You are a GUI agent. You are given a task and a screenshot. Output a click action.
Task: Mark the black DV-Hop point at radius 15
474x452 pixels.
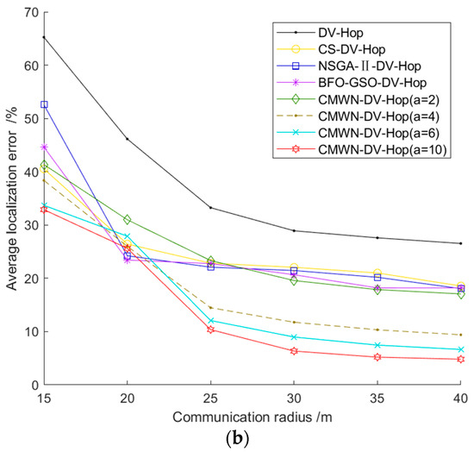(44, 37)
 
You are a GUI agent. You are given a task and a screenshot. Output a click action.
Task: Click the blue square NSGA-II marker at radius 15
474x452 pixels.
(44, 104)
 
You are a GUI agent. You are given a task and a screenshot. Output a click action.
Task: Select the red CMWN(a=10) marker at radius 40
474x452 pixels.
(460, 360)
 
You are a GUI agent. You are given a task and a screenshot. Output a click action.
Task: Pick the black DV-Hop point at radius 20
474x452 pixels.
(128, 139)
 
